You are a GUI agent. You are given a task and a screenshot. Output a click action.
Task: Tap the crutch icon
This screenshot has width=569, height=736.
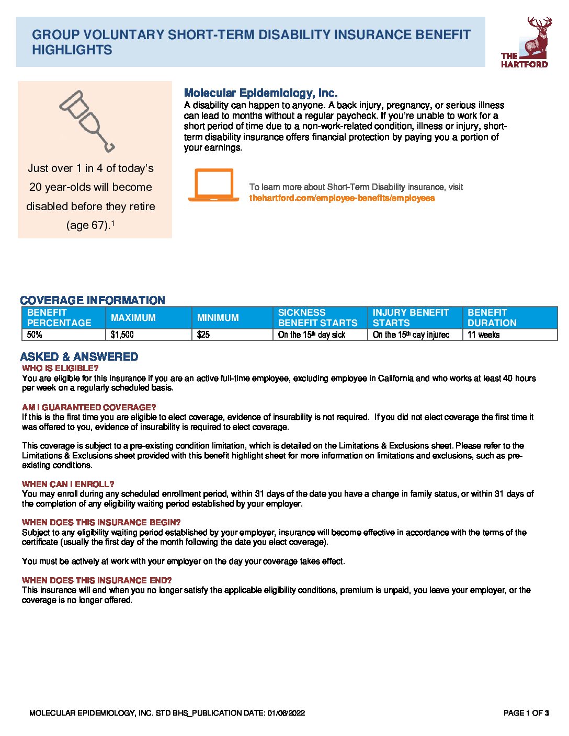tap(86, 121)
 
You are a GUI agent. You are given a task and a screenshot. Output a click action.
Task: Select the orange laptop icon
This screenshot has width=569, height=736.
tap(213, 185)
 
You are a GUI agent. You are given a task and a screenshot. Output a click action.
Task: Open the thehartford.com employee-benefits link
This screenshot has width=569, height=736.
tap(342, 198)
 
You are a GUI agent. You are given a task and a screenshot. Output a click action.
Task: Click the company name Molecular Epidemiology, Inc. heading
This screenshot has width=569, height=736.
tap(260, 93)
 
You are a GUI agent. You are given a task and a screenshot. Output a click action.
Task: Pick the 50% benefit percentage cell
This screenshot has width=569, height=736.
tap(35, 335)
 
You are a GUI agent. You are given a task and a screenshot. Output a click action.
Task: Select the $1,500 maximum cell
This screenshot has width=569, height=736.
tap(122, 335)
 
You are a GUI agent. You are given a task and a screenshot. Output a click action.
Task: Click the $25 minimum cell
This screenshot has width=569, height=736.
tap(203, 335)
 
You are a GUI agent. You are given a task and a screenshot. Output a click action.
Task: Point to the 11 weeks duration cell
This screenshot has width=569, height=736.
tap(483, 335)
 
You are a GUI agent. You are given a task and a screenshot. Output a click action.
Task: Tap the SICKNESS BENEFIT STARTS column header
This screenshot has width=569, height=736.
tap(317, 317)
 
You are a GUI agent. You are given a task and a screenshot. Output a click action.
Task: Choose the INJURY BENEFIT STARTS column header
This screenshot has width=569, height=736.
tap(411, 317)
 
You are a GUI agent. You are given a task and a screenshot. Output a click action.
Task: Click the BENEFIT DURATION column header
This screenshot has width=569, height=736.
tap(492, 317)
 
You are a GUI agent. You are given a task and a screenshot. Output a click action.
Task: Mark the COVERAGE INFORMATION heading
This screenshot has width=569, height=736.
tap(93, 300)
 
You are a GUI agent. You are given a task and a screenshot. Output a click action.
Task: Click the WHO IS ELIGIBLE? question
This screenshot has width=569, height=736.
tap(60, 368)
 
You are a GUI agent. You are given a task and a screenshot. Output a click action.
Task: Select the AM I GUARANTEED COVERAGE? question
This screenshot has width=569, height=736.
tap(89, 407)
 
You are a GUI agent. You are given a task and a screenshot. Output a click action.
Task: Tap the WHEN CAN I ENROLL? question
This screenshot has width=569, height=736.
tap(68, 484)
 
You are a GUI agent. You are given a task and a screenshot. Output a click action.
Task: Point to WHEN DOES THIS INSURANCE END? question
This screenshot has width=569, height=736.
tap(97, 580)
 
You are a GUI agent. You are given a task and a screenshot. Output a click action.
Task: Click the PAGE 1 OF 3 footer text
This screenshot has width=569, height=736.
tap(526, 712)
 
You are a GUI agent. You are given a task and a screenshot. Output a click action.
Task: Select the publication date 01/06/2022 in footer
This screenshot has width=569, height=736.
tap(286, 712)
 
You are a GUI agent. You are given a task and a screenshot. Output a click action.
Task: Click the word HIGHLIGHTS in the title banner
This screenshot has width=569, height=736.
tap(72, 50)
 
